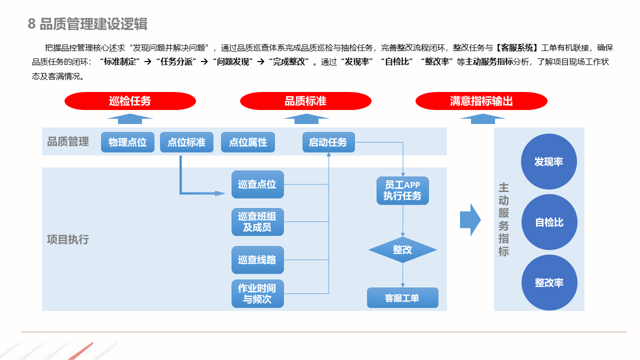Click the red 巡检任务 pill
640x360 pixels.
pos(130,101)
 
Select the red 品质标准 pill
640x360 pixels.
pos(305,101)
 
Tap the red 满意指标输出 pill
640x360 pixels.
pos(481,101)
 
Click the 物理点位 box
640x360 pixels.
pos(127,142)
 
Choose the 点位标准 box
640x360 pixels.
pos(186,142)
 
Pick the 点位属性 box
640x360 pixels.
pos(248,142)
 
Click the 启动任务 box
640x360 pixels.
pos(328,142)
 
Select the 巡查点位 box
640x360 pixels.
pos(257,184)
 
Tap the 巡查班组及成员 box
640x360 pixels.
pos(257,222)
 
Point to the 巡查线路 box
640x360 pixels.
pos(257,260)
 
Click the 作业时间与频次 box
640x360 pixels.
pos(257,294)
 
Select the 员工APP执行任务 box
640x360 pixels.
pos(402,190)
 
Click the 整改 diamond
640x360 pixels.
pos(402,249)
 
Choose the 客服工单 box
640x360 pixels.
pos(402,298)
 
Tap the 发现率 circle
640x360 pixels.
pos(549,161)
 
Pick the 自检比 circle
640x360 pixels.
pos(549,222)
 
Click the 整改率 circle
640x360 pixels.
pos(549,282)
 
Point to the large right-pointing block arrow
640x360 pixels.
pos(470,219)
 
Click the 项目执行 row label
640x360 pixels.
pos(68,239)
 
